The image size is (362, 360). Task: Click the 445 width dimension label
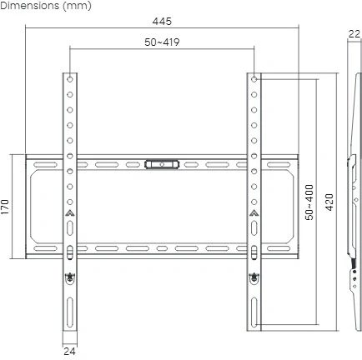(x=162, y=22)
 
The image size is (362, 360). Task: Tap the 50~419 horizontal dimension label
(x=162, y=42)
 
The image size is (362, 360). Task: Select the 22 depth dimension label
(x=354, y=34)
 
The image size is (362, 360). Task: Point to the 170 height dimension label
(x=5, y=207)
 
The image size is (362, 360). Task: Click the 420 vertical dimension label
(x=329, y=202)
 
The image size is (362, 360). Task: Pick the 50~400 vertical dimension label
(x=309, y=202)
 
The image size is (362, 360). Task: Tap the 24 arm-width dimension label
(x=69, y=352)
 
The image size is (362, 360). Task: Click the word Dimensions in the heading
(x=30, y=6)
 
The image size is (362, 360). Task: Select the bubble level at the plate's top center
(x=162, y=164)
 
